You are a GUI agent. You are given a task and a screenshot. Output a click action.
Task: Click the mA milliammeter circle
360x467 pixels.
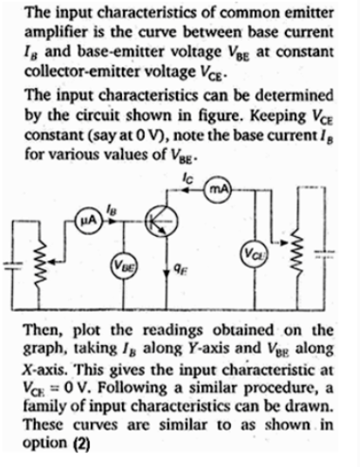(220, 189)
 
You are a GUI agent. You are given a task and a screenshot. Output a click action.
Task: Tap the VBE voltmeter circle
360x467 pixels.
(124, 265)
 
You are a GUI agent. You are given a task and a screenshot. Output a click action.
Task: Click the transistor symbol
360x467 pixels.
(161, 221)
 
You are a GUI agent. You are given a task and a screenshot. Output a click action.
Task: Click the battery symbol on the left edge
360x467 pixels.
(12, 265)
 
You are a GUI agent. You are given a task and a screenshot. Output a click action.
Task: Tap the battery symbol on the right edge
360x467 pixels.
(324, 254)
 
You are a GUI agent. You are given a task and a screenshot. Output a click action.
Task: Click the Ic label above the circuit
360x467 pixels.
(188, 179)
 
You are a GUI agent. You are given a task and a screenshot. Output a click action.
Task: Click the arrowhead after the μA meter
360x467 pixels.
(112, 221)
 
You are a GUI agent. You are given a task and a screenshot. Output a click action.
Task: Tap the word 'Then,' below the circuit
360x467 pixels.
(45, 330)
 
